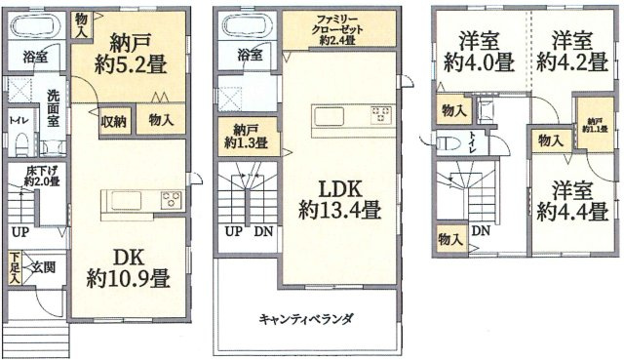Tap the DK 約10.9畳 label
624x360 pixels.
tap(128, 265)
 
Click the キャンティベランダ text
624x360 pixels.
tap(306, 319)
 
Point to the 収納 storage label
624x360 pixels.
tap(113, 122)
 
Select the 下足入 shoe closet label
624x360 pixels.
tap(15, 266)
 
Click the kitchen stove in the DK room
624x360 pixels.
tap(172, 201)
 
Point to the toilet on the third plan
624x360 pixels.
tap(449, 142)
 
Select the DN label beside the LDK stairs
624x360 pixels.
tap(262, 231)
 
